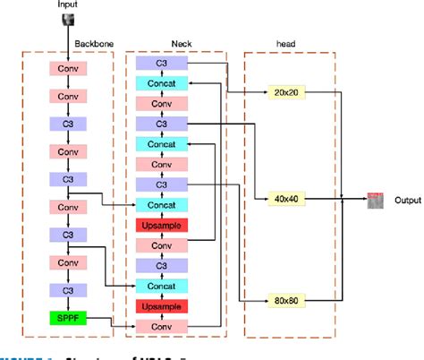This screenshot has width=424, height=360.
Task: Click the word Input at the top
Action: [68, 5]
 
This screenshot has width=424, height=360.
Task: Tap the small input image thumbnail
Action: [68, 19]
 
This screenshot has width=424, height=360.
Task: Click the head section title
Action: [288, 42]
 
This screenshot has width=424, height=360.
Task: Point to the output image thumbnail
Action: [375, 198]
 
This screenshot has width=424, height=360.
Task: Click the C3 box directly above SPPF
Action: [68, 290]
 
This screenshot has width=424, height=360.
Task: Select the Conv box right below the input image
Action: [68, 68]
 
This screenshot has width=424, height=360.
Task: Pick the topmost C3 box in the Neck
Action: [162, 64]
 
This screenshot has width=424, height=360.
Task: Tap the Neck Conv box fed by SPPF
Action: [162, 325]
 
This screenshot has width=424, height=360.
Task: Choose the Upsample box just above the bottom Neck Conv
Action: [162, 306]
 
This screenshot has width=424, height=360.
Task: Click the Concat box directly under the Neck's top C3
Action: [162, 82]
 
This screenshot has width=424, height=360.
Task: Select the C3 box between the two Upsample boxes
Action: [162, 266]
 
